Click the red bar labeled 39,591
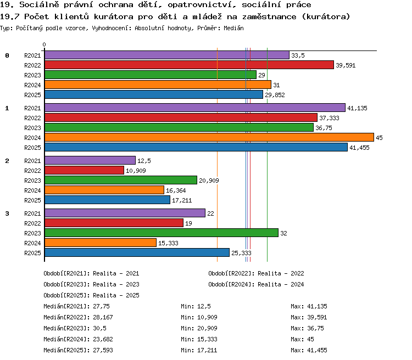pos(189,65)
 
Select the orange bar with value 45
pos(209,137)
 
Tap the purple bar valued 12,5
pos(90,160)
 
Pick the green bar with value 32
pos(162,233)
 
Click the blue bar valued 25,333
pos(137,252)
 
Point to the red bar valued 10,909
pos(85,170)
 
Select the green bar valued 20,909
pos(121,180)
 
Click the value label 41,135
pos(357,108)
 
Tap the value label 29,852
pos(275,95)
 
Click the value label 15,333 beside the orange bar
pos(168,244)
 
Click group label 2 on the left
pos(7,161)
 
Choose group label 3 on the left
pos(7,213)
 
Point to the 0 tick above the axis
pos(44,44)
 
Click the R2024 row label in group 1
pos(32,138)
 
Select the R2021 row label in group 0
pos(32,55)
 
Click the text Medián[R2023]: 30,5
pos(75,328)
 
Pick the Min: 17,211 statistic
pos(199,350)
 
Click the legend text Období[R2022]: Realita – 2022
pos(256,274)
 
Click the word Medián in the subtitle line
pos(233,28)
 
